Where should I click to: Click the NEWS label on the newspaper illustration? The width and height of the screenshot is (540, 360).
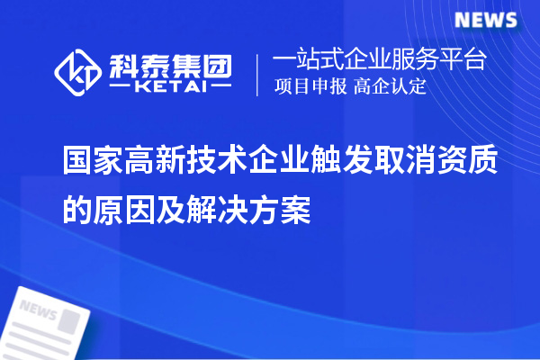click(x=39, y=311)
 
